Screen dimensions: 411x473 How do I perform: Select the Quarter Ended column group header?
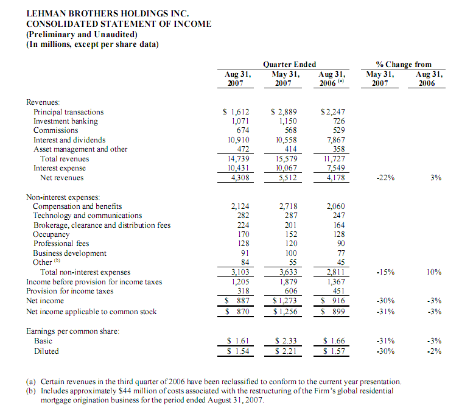pos(289,64)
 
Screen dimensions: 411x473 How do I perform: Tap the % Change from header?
pos(404,64)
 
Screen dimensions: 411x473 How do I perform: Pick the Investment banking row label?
pos(65,121)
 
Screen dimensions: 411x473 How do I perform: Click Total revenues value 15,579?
pos(282,159)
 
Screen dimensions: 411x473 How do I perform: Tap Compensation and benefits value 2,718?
pos(284,206)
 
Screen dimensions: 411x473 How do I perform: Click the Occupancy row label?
pos(51,234)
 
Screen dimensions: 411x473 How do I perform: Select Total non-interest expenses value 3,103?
pos(237,272)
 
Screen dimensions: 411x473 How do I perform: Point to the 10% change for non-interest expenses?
pos(433,272)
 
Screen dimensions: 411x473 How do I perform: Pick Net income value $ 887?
pos(236,301)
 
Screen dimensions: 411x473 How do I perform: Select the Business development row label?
pos(69,253)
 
